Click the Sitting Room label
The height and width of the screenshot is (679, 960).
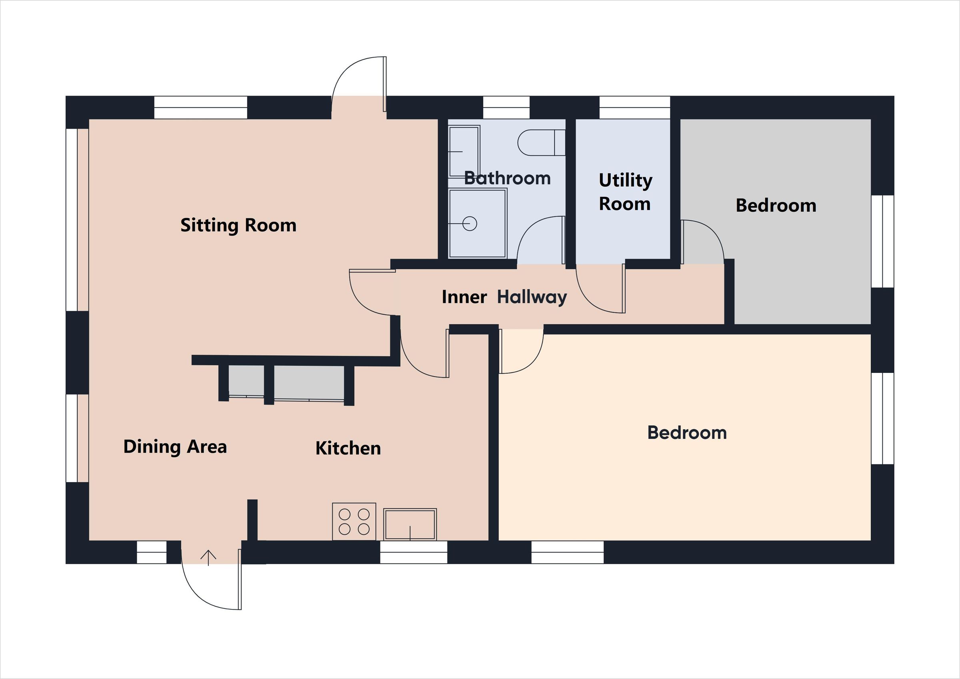click(238, 225)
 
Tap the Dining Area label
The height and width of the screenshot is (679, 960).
click(175, 447)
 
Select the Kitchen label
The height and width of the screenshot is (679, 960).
click(348, 448)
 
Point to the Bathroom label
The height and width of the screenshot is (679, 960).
click(507, 178)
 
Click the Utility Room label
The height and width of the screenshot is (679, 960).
click(625, 192)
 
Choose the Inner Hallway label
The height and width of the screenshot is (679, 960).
click(504, 297)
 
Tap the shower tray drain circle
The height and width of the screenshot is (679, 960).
click(470, 224)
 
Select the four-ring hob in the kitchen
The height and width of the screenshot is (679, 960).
click(354, 521)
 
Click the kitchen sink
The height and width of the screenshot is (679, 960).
click(410, 524)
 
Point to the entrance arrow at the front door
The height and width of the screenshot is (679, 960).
click(208, 557)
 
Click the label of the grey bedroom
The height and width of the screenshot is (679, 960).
click(776, 205)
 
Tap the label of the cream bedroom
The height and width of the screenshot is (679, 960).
click(686, 433)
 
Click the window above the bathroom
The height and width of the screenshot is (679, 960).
click(506, 108)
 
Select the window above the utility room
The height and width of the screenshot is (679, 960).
click(634, 108)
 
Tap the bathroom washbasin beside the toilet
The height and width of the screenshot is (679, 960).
click(464, 151)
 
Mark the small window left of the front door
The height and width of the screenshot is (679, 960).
click(152, 552)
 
